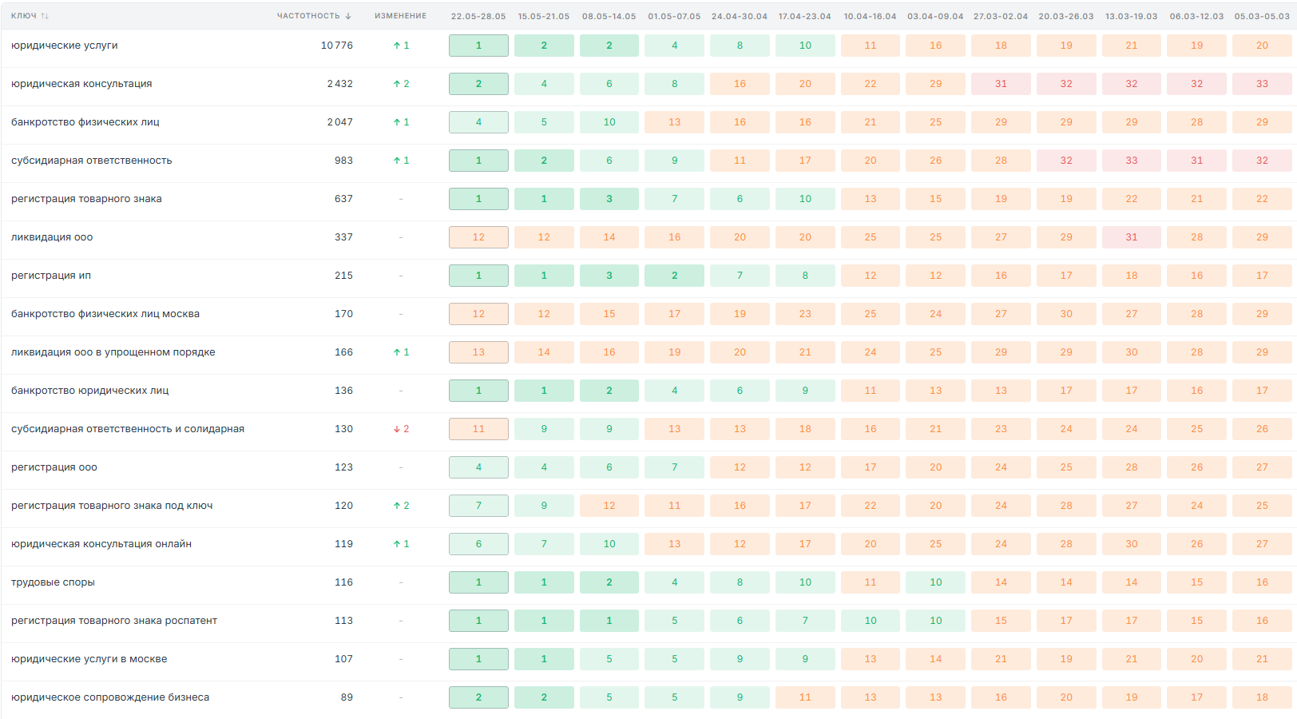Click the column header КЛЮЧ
[x=24, y=16]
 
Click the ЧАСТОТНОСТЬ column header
[x=308, y=16]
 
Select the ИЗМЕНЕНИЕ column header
[x=401, y=16]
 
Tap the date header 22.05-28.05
[x=478, y=16]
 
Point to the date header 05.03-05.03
[x=1262, y=16]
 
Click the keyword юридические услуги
[x=64, y=46]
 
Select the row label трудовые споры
[x=53, y=582]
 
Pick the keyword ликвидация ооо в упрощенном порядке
[x=113, y=352]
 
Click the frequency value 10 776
[x=336, y=46]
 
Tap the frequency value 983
[x=343, y=161]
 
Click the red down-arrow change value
[x=401, y=429]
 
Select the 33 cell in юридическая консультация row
[x=1262, y=84]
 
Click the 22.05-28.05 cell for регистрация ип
[x=478, y=276]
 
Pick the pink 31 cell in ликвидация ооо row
[x=1132, y=237]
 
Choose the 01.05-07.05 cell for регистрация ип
[x=675, y=276]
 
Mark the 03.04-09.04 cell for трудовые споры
[x=936, y=582]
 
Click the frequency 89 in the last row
[x=347, y=697]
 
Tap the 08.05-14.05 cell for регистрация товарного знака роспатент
[x=609, y=621]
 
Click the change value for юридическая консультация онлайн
[x=401, y=544]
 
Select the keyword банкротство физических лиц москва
[x=105, y=314]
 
